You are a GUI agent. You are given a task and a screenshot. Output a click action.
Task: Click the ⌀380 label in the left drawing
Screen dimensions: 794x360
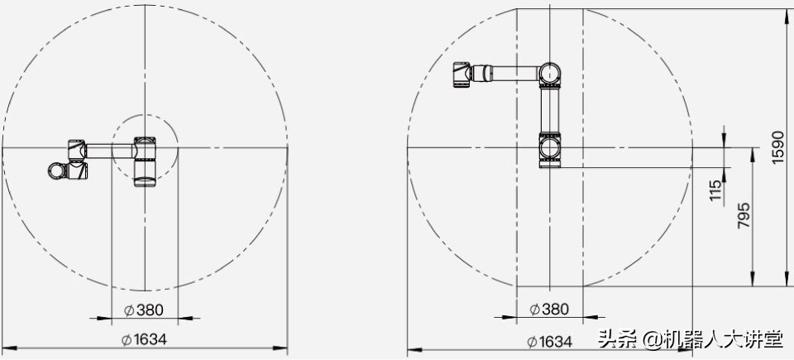[144, 310]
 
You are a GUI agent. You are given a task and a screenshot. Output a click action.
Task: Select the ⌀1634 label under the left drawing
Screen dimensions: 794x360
[144, 339]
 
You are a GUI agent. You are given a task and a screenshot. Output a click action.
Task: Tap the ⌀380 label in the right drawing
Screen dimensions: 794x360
[549, 309]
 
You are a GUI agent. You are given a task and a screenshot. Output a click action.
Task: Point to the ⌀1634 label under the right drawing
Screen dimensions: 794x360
[549, 341]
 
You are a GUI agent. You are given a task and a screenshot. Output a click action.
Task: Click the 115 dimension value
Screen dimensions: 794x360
[715, 190]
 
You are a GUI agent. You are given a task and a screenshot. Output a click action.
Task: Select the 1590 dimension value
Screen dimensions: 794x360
[777, 147]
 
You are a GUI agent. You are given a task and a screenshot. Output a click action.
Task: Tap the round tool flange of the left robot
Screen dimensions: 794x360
[56, 170]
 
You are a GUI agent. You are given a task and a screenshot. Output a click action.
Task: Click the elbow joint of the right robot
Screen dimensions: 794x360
[549, 74]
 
